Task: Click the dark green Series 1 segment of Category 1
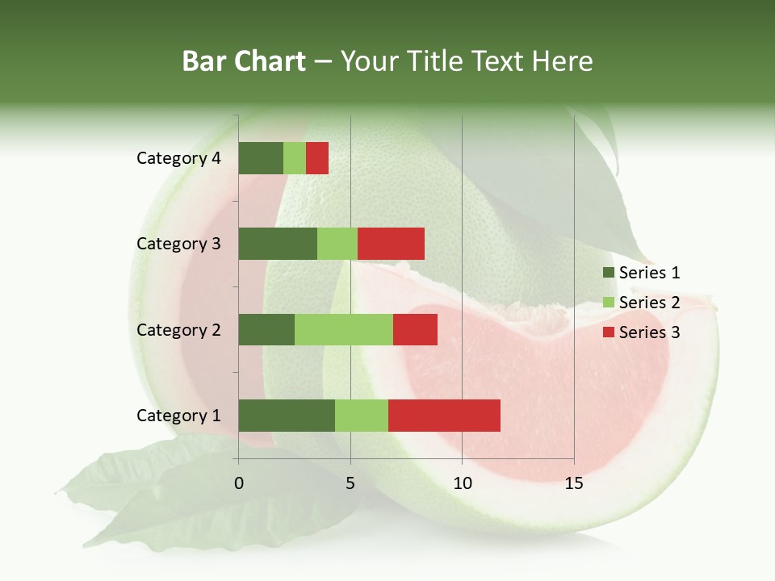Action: [x=287, y=415]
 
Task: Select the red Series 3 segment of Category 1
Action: [x=444, y=415]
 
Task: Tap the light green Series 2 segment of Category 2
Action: [x=344, y=329]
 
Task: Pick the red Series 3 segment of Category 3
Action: [x=391, y=244]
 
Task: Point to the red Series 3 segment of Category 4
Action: [x=317, y=158]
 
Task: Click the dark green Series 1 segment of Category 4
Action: [x=261, y=158]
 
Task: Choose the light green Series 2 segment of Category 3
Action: [x=337, y=244]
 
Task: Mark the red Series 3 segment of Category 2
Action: [x=415, y=329]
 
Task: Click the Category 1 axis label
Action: [x=178, y=416]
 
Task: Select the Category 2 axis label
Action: [x=178, y=329]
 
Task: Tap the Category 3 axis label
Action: [x=178, y=244]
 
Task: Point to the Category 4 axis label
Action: [x=178, y=158]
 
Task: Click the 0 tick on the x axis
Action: [x=239, y=483]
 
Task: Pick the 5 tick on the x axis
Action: [x=350, y=483]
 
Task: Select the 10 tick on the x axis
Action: [x=462, y=483]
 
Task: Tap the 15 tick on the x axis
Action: [x=573, y=483]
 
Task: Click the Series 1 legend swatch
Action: [x=608, y=273]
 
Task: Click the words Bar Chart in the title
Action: [x=244, y=61]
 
